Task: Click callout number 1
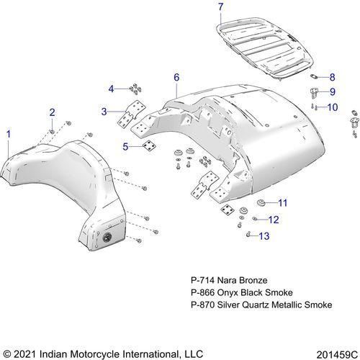click(x=9, y=134)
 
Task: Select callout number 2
click(x=52, y=112)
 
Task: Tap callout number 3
click(x=104, y=112)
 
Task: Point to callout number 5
click(x=125, y=146)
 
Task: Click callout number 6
click(x=176, y=77)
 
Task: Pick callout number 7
click(x=220, y=7)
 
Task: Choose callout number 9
click(x=333, y=91)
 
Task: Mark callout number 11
click(x=282, y=203)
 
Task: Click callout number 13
click(x=264, y=236)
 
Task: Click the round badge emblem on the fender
click(x=107, y=238)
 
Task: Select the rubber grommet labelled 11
click(x=261, y=203)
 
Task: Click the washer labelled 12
click(x=255, y=219)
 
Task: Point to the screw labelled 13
click(x=248, y=234)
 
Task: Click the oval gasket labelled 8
click(x=314, y=76)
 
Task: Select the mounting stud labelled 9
click(x=314, y=93)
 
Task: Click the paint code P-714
click(x=202, y=280)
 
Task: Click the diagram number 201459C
click(x=337, y=354)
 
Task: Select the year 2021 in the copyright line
click(x=25, y=354)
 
